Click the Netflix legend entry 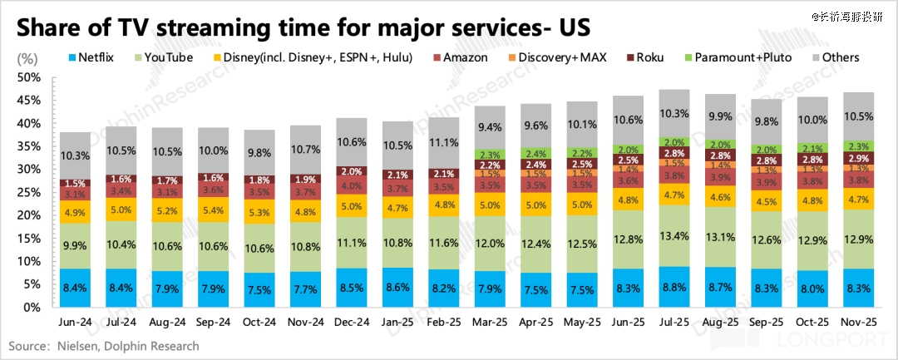[96, 58]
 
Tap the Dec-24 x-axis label [355, 322]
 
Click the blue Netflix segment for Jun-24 [75, 288]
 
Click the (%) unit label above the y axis [27, 59]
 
